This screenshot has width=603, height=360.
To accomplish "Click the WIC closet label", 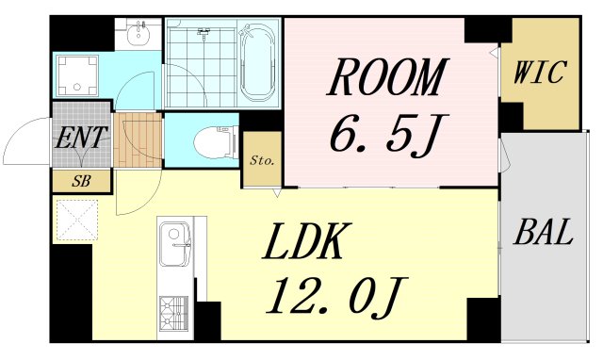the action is (540, 72).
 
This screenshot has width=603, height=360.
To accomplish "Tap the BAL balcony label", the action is (543, 232).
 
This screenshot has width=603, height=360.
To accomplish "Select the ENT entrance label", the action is (80, 138).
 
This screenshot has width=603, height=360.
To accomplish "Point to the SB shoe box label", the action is (81, 181).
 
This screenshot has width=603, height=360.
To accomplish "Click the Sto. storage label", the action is (262, 160).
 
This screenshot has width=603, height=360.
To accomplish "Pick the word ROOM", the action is (388, 77).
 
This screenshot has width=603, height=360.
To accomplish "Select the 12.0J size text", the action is (337, 297).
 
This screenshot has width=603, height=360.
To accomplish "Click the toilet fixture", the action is (215, 142).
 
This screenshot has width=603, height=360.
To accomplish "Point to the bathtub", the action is (257, 62).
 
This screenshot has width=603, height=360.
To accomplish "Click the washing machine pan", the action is (77, 75).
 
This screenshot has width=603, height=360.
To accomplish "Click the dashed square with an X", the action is (77, 220).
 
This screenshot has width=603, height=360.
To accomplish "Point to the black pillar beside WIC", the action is (512, 115).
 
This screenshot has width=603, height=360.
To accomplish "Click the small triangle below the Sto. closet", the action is (277, 193).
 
